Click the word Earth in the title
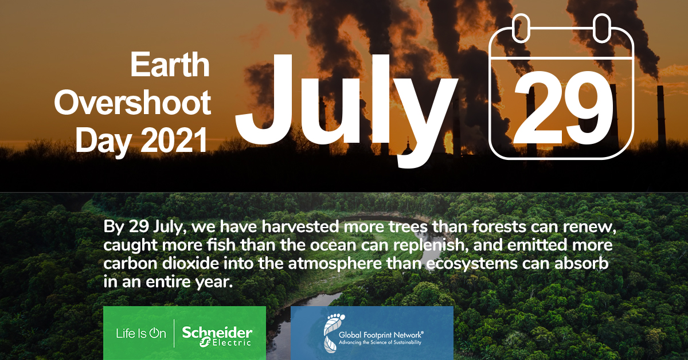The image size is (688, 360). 170,65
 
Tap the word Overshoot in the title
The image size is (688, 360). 132,103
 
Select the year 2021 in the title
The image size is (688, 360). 174,140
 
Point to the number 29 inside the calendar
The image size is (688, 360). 562,108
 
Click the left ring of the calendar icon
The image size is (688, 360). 521,28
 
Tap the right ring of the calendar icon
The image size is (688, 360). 601,28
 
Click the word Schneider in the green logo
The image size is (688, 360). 217,332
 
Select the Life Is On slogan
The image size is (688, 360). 141,333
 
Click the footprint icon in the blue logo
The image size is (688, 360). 332,332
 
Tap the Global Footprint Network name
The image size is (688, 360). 381,335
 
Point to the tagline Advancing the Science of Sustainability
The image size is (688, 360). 380,342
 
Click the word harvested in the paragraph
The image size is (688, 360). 300,226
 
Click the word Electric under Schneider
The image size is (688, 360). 232,343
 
